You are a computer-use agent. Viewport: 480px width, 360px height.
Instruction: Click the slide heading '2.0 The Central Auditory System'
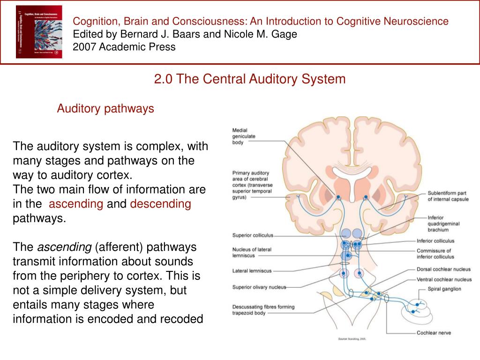250,79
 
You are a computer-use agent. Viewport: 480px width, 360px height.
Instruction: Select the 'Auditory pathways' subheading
105,109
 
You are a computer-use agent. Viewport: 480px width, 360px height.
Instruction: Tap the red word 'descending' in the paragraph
161,204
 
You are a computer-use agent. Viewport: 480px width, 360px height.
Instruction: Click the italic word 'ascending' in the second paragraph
64,247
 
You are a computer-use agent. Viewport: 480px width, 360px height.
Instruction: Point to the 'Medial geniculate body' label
244,136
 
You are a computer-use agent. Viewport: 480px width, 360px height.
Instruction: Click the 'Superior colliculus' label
253,235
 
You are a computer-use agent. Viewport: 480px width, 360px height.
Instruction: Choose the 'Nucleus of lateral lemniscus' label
252,252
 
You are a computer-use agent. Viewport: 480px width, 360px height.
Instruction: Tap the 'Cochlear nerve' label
434,333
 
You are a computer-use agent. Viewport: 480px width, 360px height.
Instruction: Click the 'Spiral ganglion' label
444,289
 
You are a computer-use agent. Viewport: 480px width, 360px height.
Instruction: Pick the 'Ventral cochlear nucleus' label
444,279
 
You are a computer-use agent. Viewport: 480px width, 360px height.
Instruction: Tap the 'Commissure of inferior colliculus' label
435,254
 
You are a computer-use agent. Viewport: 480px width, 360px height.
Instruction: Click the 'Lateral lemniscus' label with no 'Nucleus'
252,271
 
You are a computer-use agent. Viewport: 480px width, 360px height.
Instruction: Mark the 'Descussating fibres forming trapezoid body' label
263,310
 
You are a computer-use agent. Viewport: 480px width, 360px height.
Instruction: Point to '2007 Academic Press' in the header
124,47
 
